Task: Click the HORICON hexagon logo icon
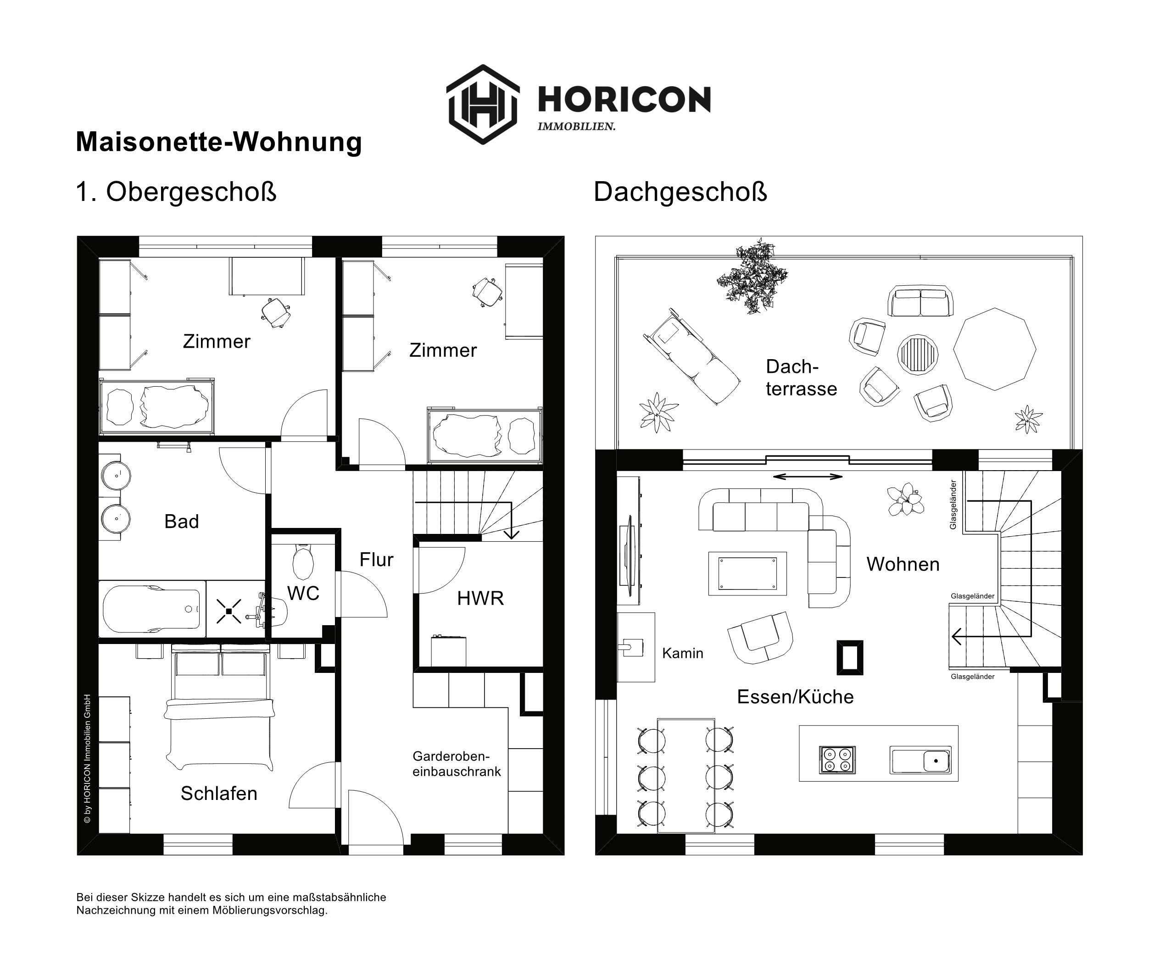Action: (x=483, y=104)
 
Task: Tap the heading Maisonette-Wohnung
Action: (x=219, y=142)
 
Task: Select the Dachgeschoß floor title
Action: (x=680, y=192)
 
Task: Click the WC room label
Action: (x=303, y=593)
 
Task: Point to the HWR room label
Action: (x=480, y=598)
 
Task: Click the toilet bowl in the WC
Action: (x=302, y=561)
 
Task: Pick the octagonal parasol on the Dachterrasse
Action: (x=994, y=349)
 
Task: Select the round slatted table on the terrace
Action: (x=918, y=355)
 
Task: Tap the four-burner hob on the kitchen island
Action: (x=837, y=759)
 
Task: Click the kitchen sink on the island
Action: (x=921, y=760)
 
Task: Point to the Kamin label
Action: (x=683, y=654)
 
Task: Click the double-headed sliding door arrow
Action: (x=808, y=476)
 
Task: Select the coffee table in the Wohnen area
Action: (x=747, y=573)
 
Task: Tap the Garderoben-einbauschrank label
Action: (x=457, y=764)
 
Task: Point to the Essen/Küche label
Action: (x=795, y=697)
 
